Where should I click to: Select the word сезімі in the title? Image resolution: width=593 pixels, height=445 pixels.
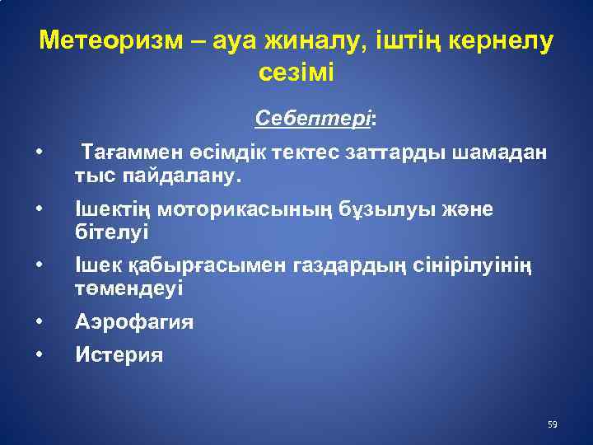[x=296, y=72]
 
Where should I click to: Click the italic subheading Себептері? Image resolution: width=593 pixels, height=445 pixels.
[x=314, y=118]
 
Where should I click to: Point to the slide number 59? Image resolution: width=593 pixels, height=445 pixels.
[x=552, y=425]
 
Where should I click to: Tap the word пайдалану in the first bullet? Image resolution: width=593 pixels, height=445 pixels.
[x=170, y=176]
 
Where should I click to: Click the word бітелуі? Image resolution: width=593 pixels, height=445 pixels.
[x=111, y=232]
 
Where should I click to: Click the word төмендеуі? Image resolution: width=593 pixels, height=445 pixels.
[x=129, y=288]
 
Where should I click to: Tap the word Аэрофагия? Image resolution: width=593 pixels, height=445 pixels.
[x=134, y=322]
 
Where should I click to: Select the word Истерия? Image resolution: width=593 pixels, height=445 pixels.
[x=119, y=355]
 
